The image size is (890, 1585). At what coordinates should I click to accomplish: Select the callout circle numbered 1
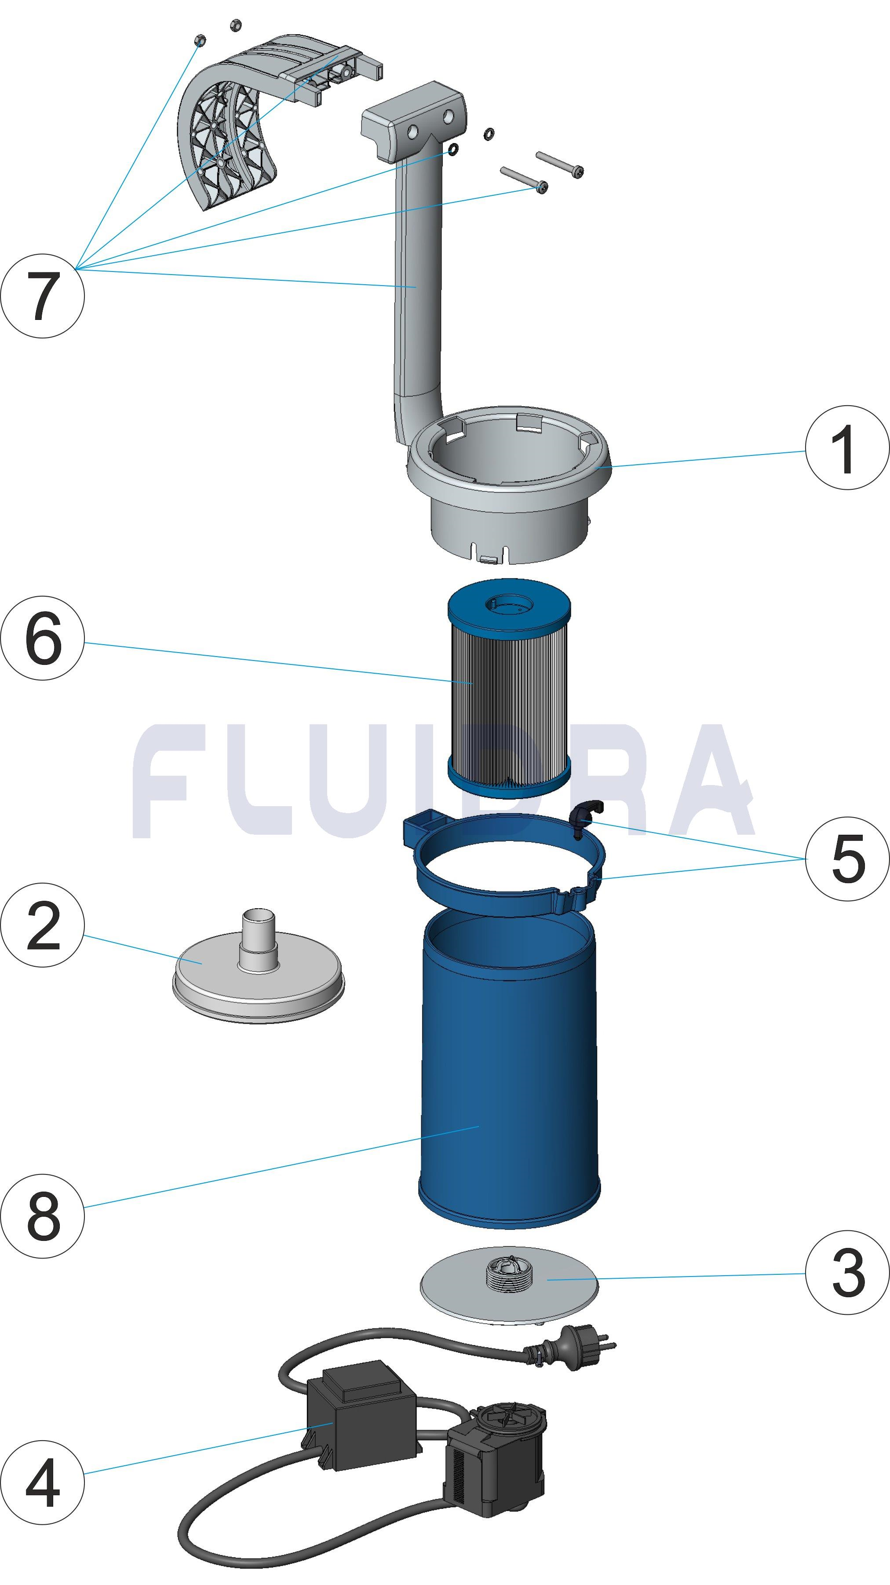[x=847, y=448]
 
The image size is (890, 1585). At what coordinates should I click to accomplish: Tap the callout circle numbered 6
[x=42, y=638]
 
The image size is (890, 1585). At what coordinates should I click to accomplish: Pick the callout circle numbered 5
[x=847, y=859]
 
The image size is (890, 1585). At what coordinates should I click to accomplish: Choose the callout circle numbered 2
[x=42, y=925]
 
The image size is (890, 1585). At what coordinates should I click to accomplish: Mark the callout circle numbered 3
[x=847, y=1272]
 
